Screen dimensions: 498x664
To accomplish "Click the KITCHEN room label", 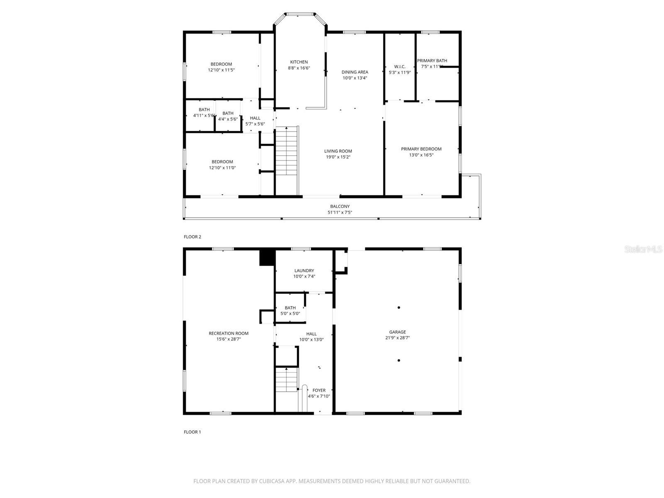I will (x=299, y=62).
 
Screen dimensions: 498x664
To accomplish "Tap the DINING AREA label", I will (x=355, y=72).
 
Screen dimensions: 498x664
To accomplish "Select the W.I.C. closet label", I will (x=400, y=67).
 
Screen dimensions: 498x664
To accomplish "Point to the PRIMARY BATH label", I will (x=432, y=61).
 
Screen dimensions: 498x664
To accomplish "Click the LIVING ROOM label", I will (x=338, y=151).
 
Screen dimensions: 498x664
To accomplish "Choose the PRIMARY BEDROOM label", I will (x=421, y=149).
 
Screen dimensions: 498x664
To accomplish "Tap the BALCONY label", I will (x=340, y=207).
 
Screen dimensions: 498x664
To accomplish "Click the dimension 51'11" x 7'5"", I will (x=340, y=212).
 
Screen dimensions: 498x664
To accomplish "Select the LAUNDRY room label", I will (x=304, y=271).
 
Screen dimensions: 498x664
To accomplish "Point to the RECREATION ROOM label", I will (x=228, y=333).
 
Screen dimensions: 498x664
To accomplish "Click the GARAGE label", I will (x=398, y=332).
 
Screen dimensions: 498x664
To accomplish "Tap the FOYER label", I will (x=319, y=391).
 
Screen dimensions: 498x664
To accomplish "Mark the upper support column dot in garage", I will (x=399, y=308).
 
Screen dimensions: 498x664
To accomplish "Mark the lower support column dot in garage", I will (x=399, y=361).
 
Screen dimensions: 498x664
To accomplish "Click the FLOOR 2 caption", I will (x=193, y=237).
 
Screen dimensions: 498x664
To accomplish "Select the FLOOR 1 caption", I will (x=193, y=432).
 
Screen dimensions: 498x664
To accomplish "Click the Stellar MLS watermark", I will (x=643, y=249).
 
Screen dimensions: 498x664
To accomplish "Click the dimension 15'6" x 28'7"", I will (x=228, y=339).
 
